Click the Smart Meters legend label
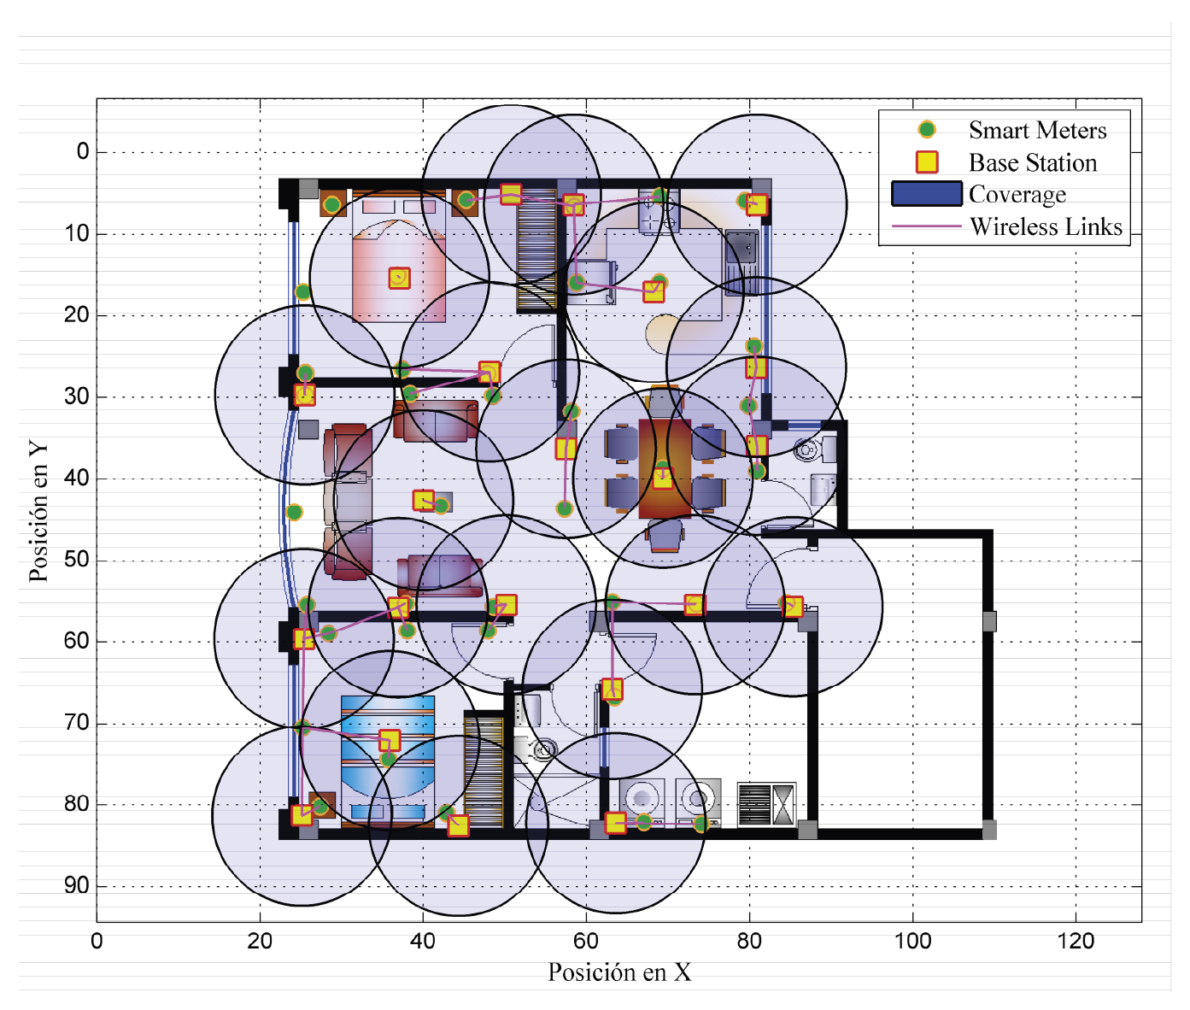pos(1037,130)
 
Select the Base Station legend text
pos(1033,162)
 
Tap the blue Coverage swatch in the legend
pos(926,193)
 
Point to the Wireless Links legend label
pos(1046,226)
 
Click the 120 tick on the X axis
pos(1076,941)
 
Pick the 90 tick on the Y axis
pos(77,885)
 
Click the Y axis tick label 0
pos(84,151)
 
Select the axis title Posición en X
pos(619,972)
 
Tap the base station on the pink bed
pos(399,278)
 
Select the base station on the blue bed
pos(390,741)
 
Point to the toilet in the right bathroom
pos(808,449)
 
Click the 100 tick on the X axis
pos(912,941)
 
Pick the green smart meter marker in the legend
pos(926,130)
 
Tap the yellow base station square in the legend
pos(927,161)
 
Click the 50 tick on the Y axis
pos(77,559)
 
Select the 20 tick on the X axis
pos(260,941)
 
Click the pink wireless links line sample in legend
pos(926,226)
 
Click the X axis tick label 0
pos(97,941)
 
